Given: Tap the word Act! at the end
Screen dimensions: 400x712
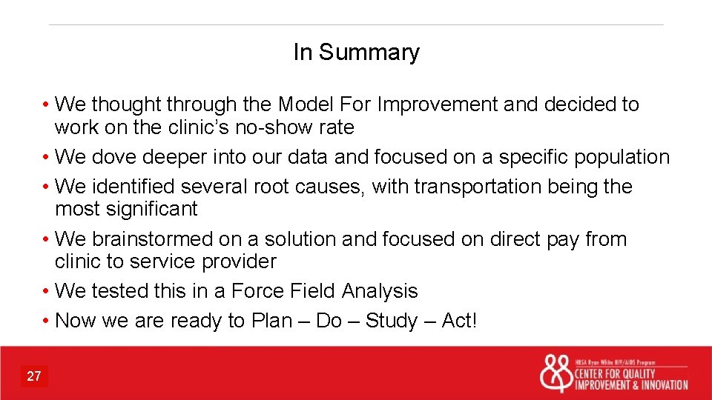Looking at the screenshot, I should (460, 321).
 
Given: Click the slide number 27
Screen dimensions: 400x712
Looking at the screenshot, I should (34, 376).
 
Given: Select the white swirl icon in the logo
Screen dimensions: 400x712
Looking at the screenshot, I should (556, 374).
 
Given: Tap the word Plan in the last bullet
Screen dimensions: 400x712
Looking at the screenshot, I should (271, 321).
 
